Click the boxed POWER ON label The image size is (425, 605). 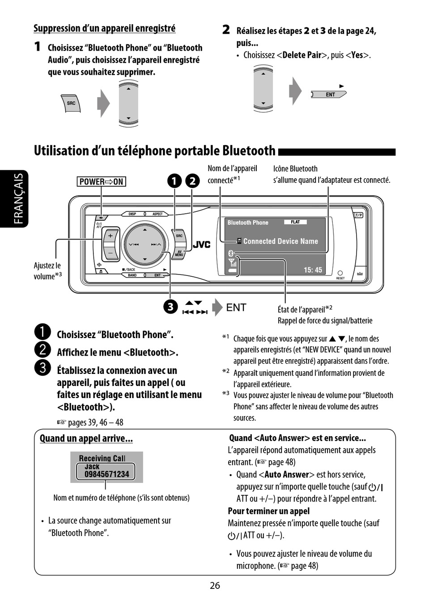[x=101, y=181]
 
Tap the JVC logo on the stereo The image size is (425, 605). [x=201, y=245]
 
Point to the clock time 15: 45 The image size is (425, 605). [x=313, y=270]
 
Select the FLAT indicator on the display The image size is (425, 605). [x=295, y=222]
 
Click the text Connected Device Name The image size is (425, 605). [x=280, y=241]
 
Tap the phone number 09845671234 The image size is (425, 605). [x=106, y=474]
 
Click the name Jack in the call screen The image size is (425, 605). [x=92, y=466]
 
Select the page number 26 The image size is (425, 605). [x=215, y=585]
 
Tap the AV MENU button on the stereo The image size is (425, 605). [x=179, y=253]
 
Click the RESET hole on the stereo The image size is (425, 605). [x=340, y=273]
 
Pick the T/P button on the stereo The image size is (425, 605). [x=358, y=215]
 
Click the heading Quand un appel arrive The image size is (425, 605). [x=86, y=438]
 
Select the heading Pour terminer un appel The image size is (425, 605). [x=268, y=511]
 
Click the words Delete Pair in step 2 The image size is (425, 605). [x=302, y=55]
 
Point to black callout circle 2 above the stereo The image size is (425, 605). [x=192, y=181]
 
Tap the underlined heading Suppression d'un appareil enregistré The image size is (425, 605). [x=104, y=28]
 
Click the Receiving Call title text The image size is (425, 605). [x=102, y=458]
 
